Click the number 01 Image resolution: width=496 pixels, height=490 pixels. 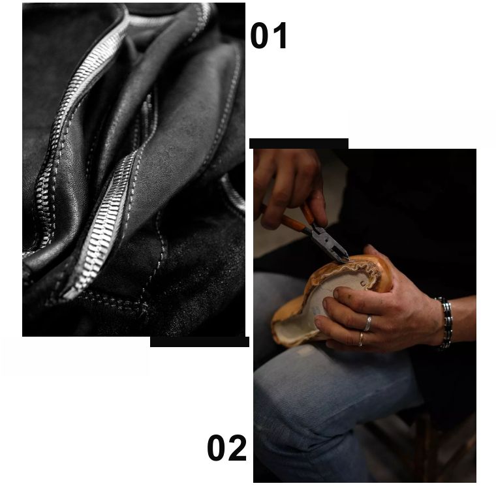pyautogui.click(x=269, y=35)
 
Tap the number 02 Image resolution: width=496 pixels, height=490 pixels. pyautogui.click(x=226, y=448)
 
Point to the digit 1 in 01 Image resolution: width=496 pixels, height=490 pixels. pyautogui.click(x=280, y=35)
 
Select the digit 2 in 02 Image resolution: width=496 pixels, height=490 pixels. pyautogui.click(x=238, y=448)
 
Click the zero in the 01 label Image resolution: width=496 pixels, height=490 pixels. pyautogui.click(x=260, y=35)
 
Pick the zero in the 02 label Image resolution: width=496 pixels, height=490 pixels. pyautogui.click(x=217, y=448)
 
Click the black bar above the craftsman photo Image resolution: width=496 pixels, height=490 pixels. pyautogui.click(x=299, y=144)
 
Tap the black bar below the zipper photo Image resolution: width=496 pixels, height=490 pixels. pyautogui.click(x=199, y=342)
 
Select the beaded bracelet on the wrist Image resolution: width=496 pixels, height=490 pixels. pyautogui.click(x=445, y=323)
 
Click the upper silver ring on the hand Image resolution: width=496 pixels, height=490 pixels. pyautogui.click(x=367, y=323)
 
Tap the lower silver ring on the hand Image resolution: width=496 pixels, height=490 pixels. pyautogui.click(x=361, y=339)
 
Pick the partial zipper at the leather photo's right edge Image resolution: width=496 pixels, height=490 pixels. pyautogui.click(x=234, y=192)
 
